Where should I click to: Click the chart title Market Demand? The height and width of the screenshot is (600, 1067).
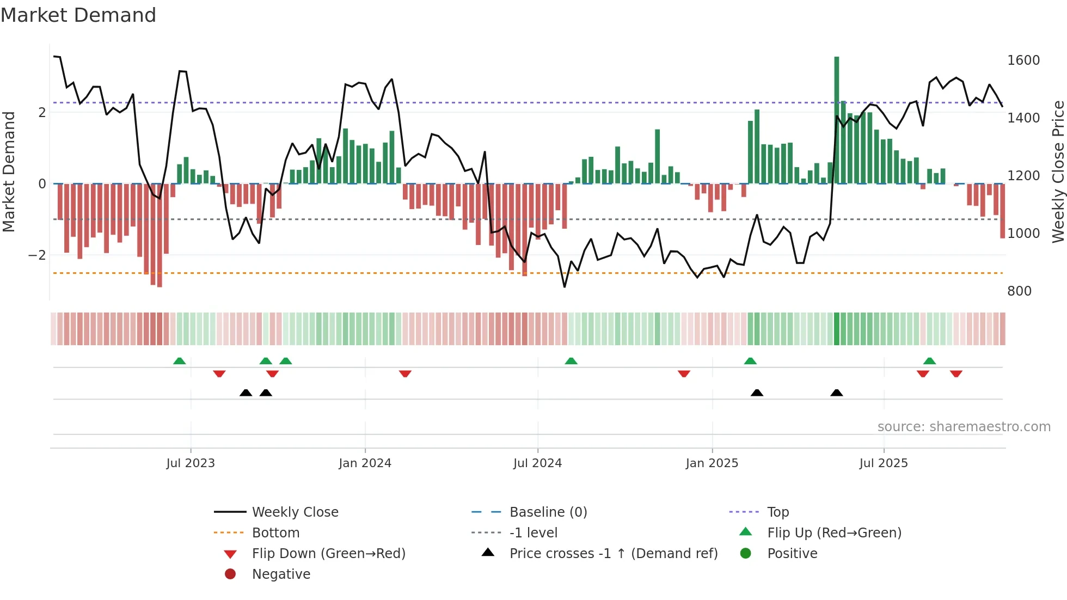pos(78,15)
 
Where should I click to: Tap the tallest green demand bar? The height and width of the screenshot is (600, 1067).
pos(837,120)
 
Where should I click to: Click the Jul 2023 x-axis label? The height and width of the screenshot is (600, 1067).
pos(191,463)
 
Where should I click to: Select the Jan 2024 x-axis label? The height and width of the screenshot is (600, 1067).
pos(365,463)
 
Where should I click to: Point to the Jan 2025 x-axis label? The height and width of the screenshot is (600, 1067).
pos(712,463)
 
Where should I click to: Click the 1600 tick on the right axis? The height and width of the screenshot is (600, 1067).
pos(1023,60)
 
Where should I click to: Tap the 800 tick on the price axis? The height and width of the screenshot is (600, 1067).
pos(1019,291)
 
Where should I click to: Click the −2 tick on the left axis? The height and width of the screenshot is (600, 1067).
pos(37,255)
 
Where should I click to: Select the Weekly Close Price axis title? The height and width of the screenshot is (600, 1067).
pos(1058,172)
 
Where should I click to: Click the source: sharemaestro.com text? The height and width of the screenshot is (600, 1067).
pos(964,427)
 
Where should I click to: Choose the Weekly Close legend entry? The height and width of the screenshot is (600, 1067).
pos(295,512)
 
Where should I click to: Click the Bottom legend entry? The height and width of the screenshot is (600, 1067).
pos(275,533)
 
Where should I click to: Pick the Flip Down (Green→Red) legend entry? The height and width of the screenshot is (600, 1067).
pos(328,554)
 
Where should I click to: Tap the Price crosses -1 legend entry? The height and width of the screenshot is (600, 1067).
pos(613,554)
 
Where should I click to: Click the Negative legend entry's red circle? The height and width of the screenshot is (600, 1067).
pos(230,574)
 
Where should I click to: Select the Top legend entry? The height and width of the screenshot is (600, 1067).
pos(777,512)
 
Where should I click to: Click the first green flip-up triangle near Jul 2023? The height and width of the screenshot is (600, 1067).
pos(180,361)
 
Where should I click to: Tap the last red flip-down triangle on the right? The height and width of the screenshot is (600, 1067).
pos(956,374)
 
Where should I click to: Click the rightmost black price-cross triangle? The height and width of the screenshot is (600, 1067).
pos(837,393)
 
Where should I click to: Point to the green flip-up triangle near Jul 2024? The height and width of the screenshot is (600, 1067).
pos(571,361)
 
